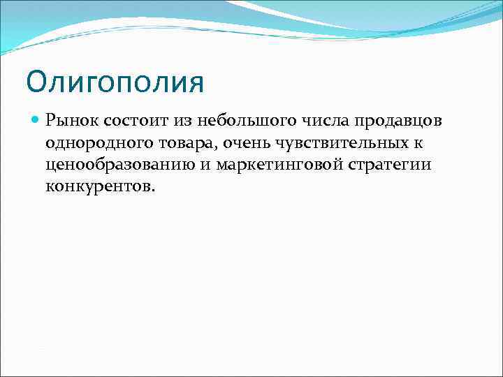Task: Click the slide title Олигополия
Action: tap(115, 83)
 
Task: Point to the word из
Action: tap(182, 121)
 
